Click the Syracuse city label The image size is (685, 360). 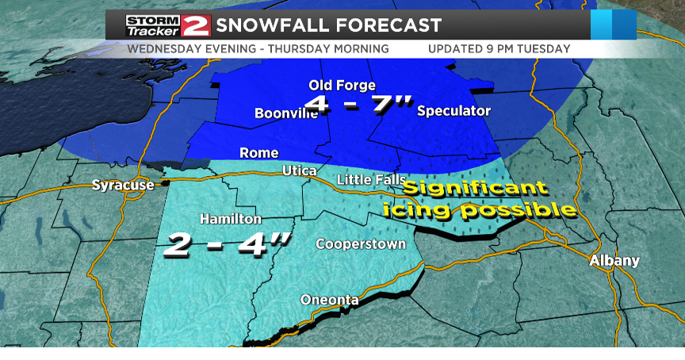122,185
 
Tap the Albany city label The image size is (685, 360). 614,260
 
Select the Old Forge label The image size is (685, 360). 342,86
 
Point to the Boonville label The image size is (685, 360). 285,113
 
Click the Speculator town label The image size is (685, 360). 453,110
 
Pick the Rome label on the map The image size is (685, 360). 259,152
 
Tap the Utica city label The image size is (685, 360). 300,171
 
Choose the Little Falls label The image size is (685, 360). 372,180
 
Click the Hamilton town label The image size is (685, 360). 231,218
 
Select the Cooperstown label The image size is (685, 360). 361,243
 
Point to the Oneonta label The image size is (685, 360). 329,299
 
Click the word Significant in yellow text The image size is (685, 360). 474,190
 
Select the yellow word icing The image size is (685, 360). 424,211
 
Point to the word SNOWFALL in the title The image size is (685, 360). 273,25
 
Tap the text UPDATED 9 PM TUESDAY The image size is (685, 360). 499,48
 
